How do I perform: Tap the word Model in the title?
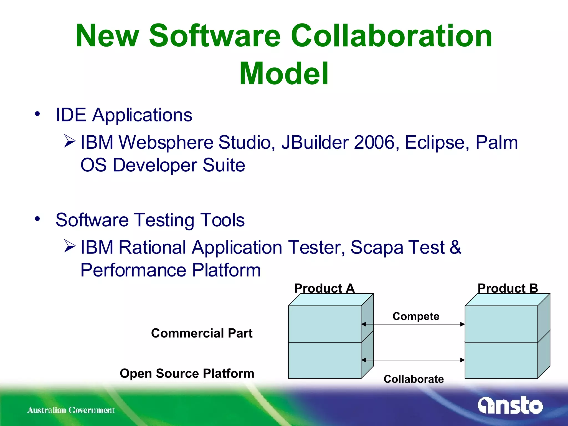tap(284, 73)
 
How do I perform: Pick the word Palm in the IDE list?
tap(496, 143)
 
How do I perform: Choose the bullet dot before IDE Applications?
tap(37, 114)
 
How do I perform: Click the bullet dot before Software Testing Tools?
tap(37, 219)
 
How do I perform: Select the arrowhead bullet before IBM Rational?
tap(69, 246)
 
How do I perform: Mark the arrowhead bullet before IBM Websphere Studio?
tap(69, 141)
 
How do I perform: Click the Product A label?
tap(324, 288)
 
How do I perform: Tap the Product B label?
tap(508, 288)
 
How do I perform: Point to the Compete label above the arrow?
tap(416, 316)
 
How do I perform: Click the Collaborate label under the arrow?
tap(414, 379)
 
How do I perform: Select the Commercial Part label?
tap(202, 333)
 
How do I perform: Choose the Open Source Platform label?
tap(187, 373)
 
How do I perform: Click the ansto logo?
tap(510, 405)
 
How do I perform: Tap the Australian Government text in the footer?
tap(71, 410)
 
